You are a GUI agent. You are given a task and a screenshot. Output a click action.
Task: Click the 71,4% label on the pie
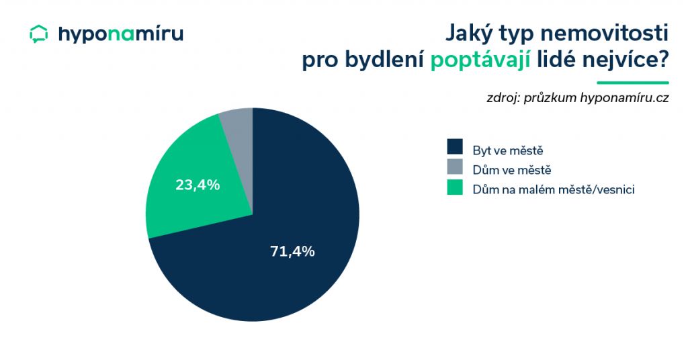(x=292, y=251)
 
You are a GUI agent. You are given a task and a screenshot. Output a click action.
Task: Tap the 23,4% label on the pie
(x=198, y=185)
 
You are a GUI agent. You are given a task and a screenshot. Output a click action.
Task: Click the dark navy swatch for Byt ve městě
(x=455, y=147)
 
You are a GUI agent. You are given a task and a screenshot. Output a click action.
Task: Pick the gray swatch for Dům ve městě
(x=455, y=167)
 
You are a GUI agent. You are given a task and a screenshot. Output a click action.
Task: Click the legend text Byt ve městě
(x=508, y=150)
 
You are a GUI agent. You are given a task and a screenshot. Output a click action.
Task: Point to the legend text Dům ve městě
(x=511, y=170)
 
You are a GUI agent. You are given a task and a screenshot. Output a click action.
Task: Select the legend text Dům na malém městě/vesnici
(x=554, y=189)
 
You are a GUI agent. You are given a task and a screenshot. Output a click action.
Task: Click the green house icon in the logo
(x=38, y=34)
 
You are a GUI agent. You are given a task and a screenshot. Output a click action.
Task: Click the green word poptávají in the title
(x=480, y=60)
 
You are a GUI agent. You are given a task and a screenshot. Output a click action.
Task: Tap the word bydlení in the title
(x=384, y=60)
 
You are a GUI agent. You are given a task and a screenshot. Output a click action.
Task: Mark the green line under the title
(x=633, y=83)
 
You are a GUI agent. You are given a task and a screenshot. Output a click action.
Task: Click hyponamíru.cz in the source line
(x=624, y=98)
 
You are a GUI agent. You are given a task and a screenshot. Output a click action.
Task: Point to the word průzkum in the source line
(x=550, y=98)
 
